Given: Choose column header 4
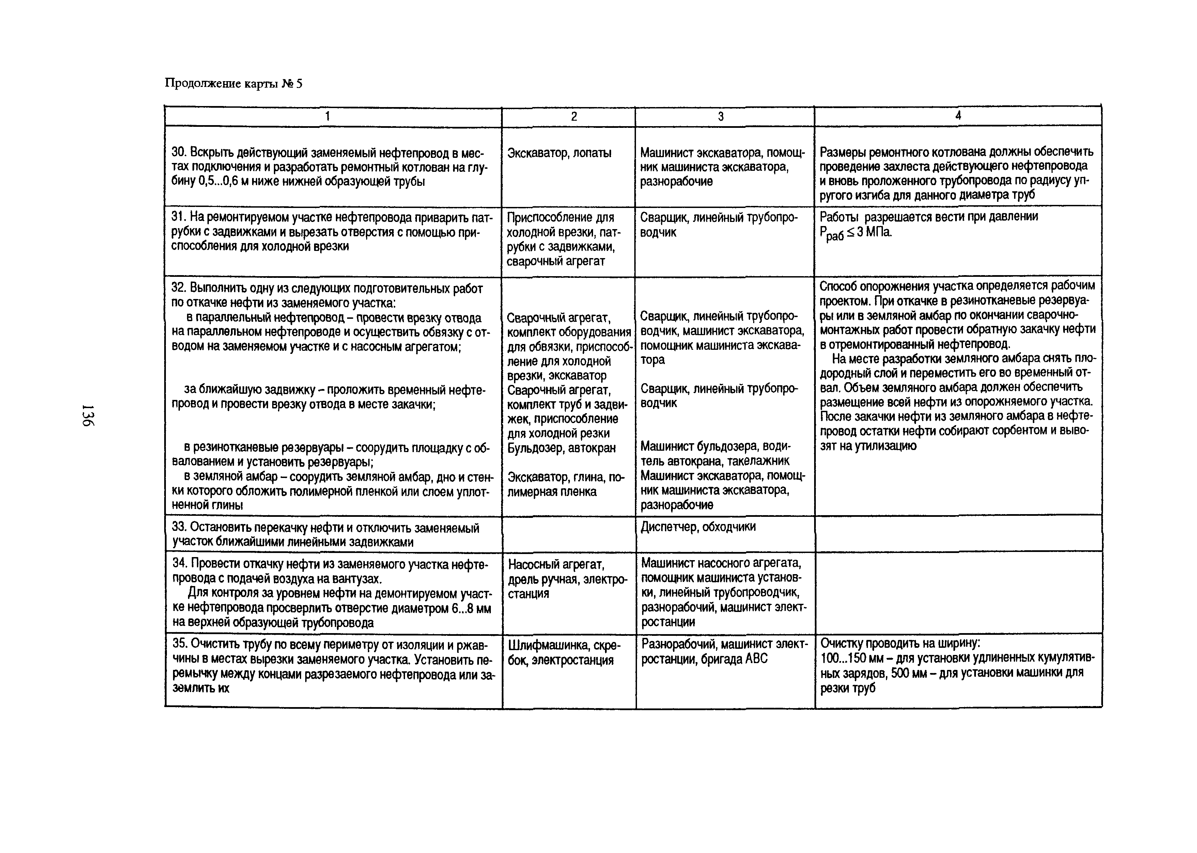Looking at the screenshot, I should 958,116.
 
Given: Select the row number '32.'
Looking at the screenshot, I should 180,288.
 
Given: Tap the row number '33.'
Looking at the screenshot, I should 180,527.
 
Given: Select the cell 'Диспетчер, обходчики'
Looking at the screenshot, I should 698,527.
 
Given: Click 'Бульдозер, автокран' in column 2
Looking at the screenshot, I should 561,448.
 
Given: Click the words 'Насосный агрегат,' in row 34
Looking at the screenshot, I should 556,565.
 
